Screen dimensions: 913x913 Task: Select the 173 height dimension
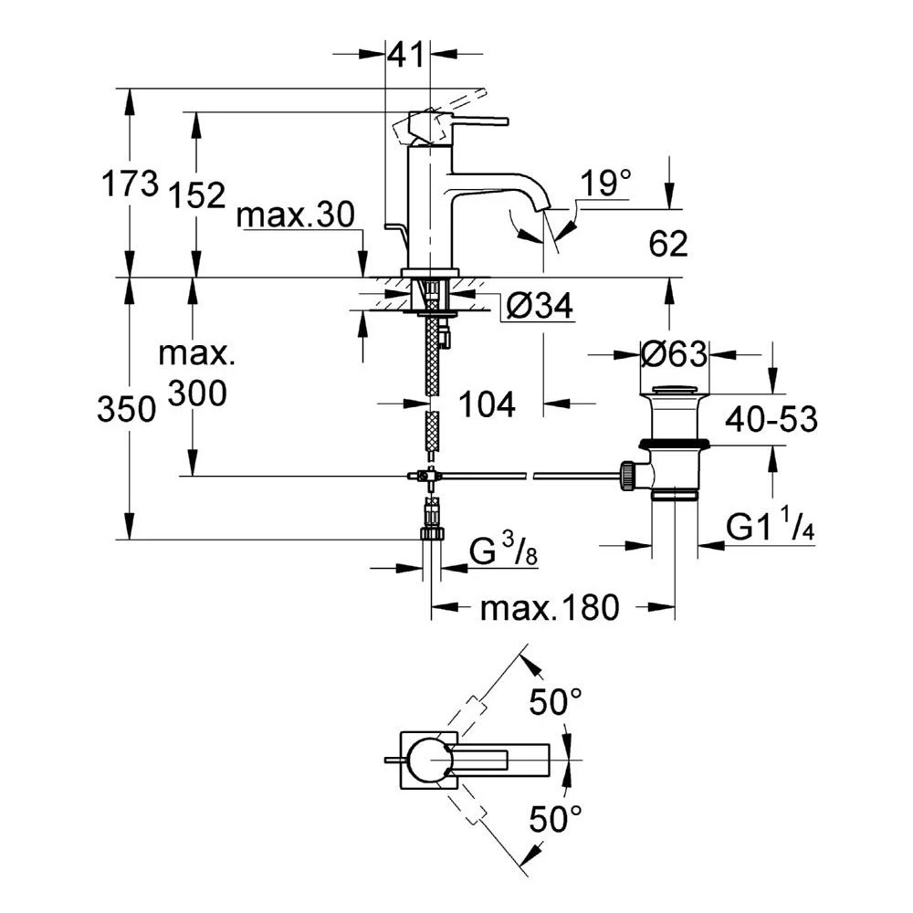(x=130, y=184)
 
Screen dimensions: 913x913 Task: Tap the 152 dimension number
(x=197, y=195)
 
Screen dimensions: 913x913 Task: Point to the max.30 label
(x=295, y=215)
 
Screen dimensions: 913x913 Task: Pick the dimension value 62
(x=668, y=244)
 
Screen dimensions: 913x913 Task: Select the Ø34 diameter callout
(x=540, y=305)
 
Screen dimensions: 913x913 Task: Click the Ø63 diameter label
(x=674, y=353)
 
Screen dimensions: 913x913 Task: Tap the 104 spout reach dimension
(x=487, y=404)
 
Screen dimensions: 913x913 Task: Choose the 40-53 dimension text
(x=771, y=419)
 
